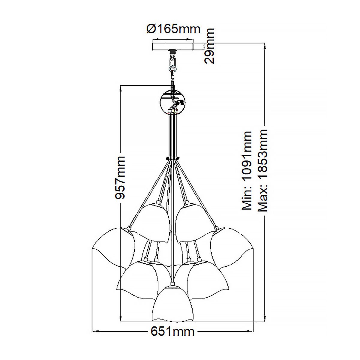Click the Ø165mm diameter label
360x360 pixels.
point(173,29)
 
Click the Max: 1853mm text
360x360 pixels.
point(263,171)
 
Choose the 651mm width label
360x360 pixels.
point(172,332)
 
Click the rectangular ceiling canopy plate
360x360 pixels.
point(173,46)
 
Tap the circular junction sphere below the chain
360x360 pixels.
point(173,102)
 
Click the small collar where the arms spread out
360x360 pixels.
point(172,158)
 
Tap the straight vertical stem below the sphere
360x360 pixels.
point(172,135)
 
